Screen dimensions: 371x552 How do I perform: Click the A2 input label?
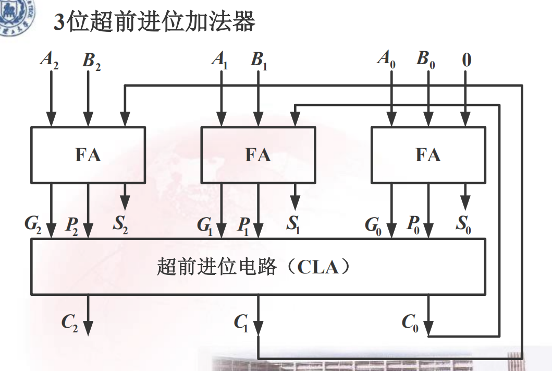pyautogui.click(x=49, y=59)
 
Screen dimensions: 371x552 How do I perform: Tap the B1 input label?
pyautogui.click(x=259, y=59)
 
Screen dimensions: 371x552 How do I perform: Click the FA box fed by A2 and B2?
pyautogui.click(x=88, y=155)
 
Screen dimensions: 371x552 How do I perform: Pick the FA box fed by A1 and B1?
pyautogui.click(x=258, y=155)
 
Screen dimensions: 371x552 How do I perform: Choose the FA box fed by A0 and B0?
pyautogui.click(x=428, y=155)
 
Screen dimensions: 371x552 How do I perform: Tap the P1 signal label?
pyautogui.click(x=243, y=225)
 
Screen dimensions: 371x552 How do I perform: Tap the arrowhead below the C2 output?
pyautogui.click(x=88, y=327)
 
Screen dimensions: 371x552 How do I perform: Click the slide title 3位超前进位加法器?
pyautogui.click(x=154, y=22)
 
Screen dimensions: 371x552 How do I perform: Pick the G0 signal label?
pyautogui.click(x=372, y=225)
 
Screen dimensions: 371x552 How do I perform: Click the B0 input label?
pyautogui.click(x=425, y=59)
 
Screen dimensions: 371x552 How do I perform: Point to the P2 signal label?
pyautogui.click(x=72, y=225)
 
